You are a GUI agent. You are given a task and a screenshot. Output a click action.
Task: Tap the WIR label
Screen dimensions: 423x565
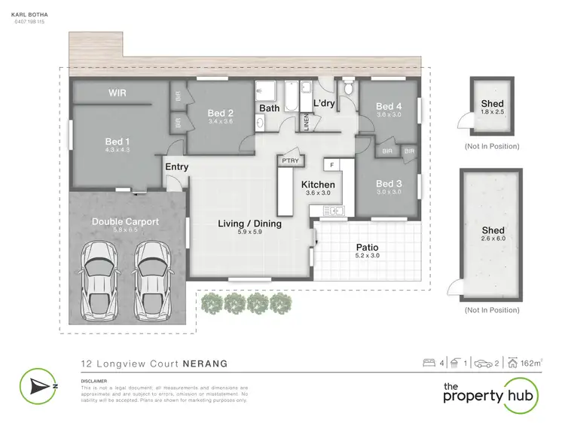pyautogui.click(x=117, y=93)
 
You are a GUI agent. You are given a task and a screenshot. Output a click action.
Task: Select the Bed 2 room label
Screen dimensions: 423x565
pyautogui.click(x=220, y=113)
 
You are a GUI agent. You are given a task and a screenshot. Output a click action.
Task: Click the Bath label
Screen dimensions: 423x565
pyautogui.click(x=270, y=108)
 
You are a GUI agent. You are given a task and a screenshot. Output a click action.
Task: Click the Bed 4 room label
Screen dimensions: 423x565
pyautogui.click(x=388, y=106)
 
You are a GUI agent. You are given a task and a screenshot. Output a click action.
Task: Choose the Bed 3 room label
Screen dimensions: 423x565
pyautogui.click(x=388, y=184)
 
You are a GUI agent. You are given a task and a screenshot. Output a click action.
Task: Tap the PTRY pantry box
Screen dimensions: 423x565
pyautogui.click(x=290, y=160)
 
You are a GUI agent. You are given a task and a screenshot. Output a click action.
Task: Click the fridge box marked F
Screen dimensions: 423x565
pyautogui.click(x=330, y=163)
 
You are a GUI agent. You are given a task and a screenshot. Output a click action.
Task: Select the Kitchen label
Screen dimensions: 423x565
pyautogui.click(x=317, y=184)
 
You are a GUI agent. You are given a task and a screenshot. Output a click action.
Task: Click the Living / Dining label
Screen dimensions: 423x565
pyautogui.click(x=249, y=224)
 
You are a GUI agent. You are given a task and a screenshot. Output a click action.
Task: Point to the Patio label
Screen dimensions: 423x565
pyautogui.click(x=367, y=247)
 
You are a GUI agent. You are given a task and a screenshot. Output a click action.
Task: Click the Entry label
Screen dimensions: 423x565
pyautogui.click(x=177, y=167)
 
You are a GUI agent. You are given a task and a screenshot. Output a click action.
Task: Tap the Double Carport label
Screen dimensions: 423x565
pyautogui.click(x=125, y=221)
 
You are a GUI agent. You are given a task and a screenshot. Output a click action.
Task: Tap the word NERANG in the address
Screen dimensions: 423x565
pyautogui.click(x=203, y=363)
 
